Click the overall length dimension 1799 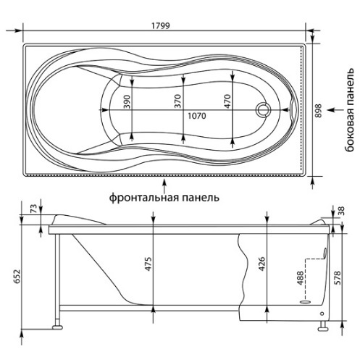coord(161,25)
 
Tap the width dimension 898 coord(319,111)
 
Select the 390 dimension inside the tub coord(127,101)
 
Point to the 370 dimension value coord(177,101)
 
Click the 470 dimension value coord(227,101)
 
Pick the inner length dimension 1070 coord(197,116)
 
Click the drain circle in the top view coord(263,109)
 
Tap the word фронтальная coord(144,198)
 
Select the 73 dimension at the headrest coord(34,209)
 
